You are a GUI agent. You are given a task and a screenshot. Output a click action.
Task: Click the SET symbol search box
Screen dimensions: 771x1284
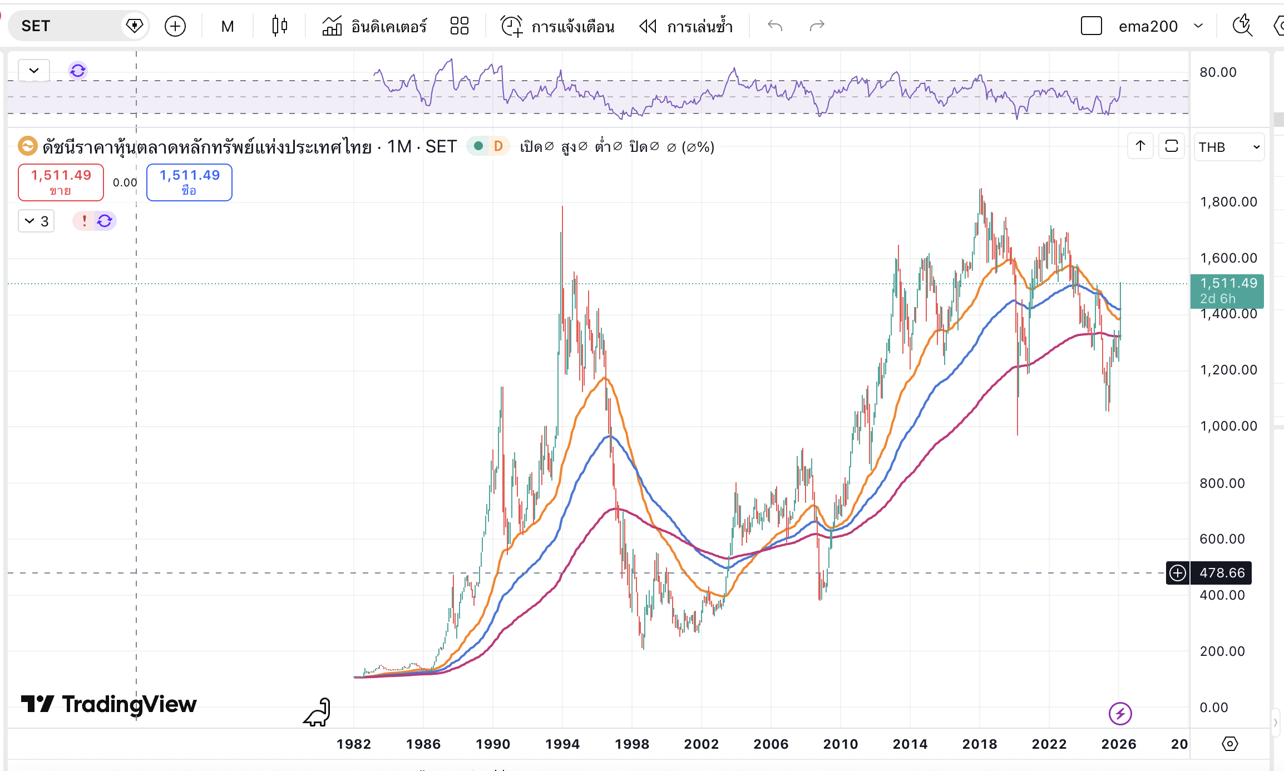67,26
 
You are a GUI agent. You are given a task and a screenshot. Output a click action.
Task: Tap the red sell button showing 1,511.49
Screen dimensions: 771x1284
61,182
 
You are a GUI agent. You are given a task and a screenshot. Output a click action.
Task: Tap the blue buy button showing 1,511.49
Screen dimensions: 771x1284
189,182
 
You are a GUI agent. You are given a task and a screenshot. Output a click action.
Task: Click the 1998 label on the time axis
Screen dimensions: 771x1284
632,744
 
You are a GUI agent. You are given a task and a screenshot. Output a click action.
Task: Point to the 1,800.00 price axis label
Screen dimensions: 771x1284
1228,202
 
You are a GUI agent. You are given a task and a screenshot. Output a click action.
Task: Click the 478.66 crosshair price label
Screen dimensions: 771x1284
1222,573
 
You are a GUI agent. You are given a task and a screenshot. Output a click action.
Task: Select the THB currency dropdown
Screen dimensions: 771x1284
1228,147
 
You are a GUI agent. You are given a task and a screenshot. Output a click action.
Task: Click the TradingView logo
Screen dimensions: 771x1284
109,704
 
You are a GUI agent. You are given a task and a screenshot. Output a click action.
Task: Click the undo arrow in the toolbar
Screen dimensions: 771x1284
774,26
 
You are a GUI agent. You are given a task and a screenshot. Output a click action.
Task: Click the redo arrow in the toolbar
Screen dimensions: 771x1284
817,26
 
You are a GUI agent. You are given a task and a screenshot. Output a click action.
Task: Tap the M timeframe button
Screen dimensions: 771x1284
227,26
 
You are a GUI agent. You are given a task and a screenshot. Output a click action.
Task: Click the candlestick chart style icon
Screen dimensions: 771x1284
280,26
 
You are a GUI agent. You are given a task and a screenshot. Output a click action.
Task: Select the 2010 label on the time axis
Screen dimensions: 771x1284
841,744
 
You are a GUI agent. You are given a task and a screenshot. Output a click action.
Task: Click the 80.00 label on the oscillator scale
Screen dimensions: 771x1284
1218,72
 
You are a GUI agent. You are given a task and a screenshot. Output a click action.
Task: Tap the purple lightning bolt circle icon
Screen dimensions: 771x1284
1120,714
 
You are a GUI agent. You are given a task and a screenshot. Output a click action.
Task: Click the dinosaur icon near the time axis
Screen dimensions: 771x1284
318,713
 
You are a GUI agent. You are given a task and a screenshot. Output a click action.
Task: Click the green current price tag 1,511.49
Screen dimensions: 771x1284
1227,291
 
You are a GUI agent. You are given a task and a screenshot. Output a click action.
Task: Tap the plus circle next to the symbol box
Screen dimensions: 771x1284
175,26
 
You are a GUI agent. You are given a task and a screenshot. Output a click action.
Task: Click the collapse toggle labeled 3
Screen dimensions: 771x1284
37,221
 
